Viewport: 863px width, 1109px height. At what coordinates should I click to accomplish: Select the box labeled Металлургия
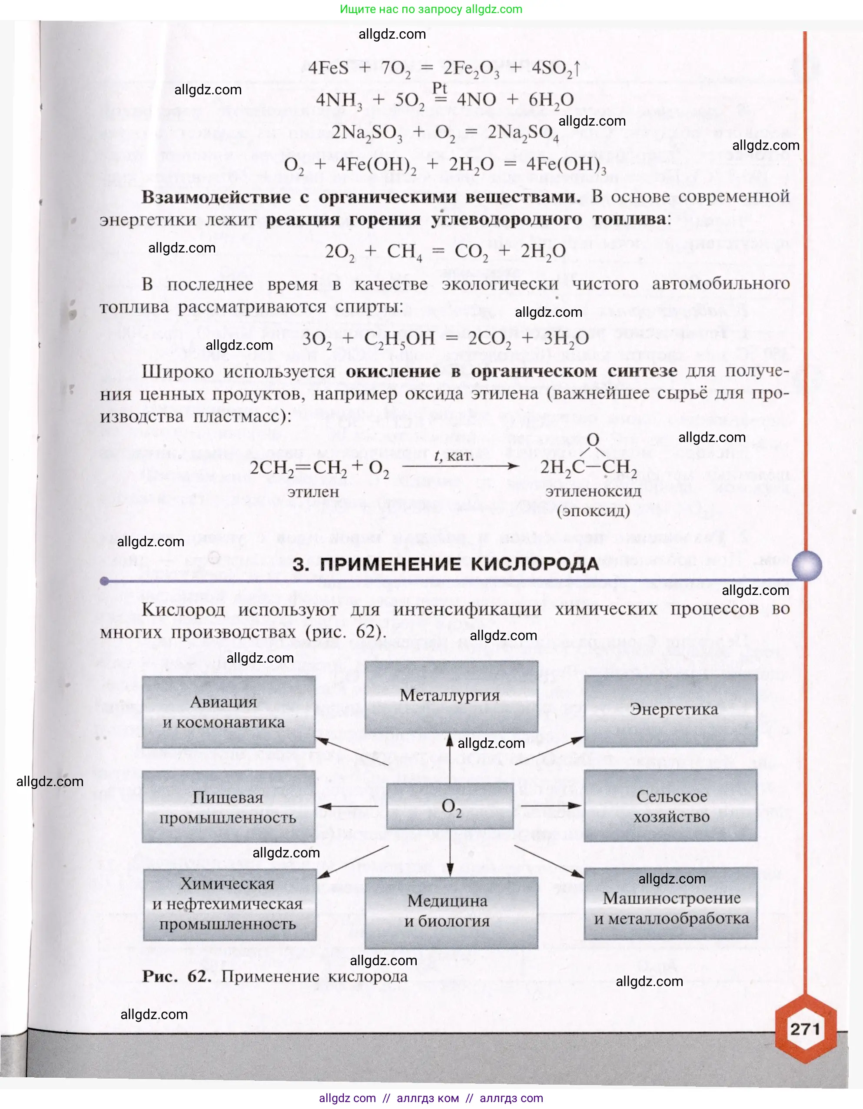pyautogui.click(x=451, y=696)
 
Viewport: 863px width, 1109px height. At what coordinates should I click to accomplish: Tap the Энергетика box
pyautogui.click(x=670, y=710)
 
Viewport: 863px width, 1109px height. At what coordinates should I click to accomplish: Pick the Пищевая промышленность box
pyautogui.click(x=229, y=807)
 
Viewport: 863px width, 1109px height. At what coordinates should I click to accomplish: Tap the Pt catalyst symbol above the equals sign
pyautogui.click(x=440, y=88)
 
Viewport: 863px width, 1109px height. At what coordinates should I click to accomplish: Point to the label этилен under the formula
pyautogui.click(x=313, y=491)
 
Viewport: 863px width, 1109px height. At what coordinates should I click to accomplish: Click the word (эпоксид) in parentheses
pyautogui.click(x=594, y=511)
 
